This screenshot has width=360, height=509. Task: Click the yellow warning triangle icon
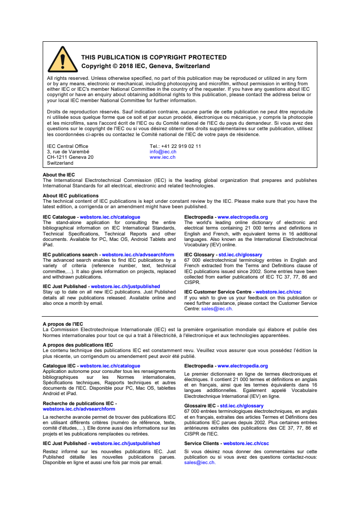coord(63,60)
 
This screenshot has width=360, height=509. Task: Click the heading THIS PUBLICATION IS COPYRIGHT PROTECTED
coord(153,58)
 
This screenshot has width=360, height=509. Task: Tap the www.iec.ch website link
coord(163,157)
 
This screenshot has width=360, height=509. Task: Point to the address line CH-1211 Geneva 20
coord(70,157)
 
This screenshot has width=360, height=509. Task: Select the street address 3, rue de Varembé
coord(68,152)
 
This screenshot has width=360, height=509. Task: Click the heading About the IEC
coord(59,175)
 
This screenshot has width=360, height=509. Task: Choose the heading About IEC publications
coord(70,196)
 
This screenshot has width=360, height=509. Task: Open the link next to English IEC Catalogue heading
coord(110,217)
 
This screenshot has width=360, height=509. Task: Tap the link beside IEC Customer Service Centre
coord(278,292)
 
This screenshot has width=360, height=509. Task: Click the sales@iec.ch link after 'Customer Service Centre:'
coord(216,308)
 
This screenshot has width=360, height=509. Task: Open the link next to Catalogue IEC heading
coord(110,366)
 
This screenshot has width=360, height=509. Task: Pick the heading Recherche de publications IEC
coord(79,403)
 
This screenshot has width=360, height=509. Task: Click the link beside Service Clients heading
coord(246,443)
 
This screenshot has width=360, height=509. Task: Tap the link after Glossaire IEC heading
coord(242,406)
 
